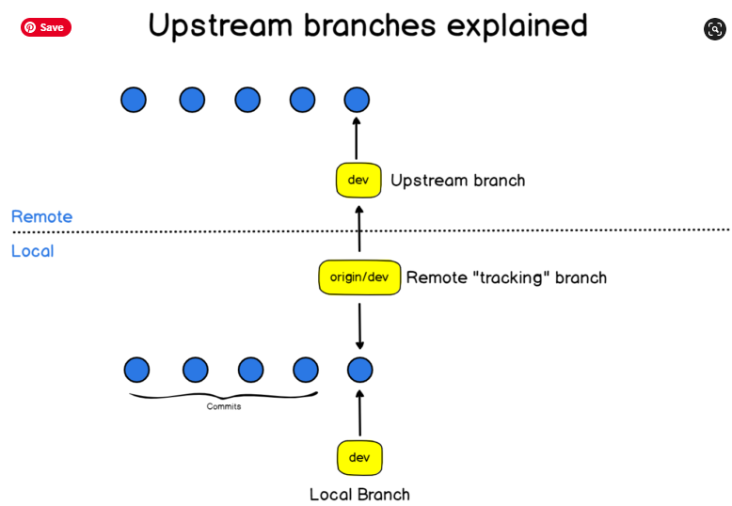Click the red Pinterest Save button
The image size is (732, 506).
(x=45, y=27)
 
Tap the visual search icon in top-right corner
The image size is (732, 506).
(x=714, y=29)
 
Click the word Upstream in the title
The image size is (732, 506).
(x=219, y=26)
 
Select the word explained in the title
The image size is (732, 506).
(x=521, y=26)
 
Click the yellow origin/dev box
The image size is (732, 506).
(x=359, y=277)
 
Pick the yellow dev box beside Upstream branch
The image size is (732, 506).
(x=358, y=180)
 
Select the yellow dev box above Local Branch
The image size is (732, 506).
(x=359, y=458)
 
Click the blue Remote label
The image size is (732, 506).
(x=41, y=217)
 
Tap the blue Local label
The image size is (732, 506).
(x=32, y=251)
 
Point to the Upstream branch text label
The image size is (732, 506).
(x=457, y=181)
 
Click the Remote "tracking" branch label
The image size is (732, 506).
(x=506, y=278)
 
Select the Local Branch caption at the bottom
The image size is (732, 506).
(x=359, y=495)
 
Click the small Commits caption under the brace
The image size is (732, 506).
(x=224, y=406)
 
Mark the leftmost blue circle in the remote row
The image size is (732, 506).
(x=134, y=100)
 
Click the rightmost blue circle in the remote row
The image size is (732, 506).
(x=357, y=100)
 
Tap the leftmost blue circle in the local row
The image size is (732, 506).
(x=137, y=370)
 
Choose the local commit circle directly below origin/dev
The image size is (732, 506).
(x=359, y=370)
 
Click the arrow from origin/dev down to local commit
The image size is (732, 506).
(x=359, y=324)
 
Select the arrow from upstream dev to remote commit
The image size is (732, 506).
(x=357, y=138)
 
